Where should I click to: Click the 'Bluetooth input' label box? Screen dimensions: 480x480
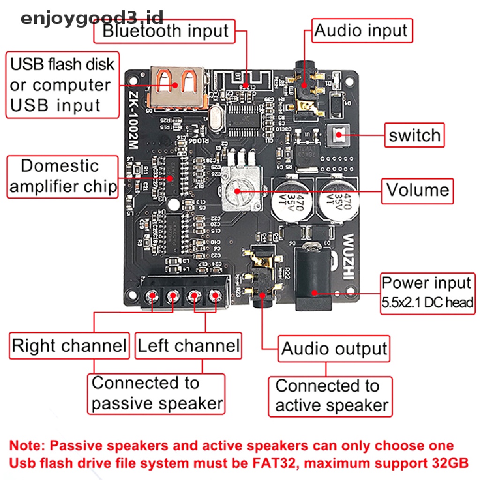click(x=165, y=31)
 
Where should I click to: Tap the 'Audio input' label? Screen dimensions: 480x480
click(x=361, y=31)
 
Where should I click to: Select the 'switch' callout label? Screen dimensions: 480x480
click(x=414, y=135)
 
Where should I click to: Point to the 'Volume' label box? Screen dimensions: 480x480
click(x=417, y=190)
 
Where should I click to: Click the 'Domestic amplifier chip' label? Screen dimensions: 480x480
click(x=62, y=177)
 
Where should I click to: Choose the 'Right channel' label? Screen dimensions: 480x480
click(x=69, y=346)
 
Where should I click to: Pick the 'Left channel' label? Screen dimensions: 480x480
click(x=188, y=346)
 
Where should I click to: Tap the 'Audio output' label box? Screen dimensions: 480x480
click(x=334, y=348)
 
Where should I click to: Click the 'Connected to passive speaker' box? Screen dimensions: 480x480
click(x=157, y=393)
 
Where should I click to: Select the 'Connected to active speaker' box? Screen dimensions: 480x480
click(x=330, y=396)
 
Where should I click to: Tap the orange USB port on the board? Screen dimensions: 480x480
click(x=177, y=87)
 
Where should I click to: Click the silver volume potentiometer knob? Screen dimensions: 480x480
click(x=238, y=191)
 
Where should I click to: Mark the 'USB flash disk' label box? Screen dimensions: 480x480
click(x=62, y=85)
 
